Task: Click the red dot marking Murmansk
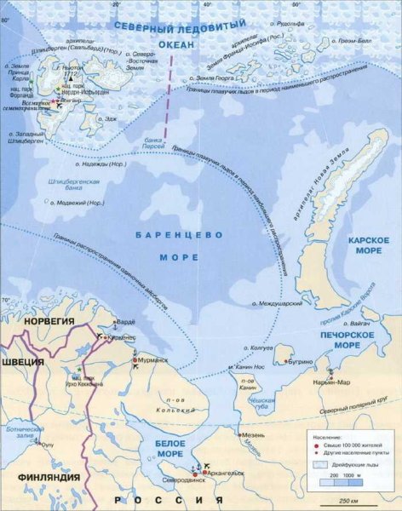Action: coord(135,361)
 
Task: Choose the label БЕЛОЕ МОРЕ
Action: coord(175,449)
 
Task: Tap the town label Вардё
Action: coord(126,323)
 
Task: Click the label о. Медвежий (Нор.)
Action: coord(78,202)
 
